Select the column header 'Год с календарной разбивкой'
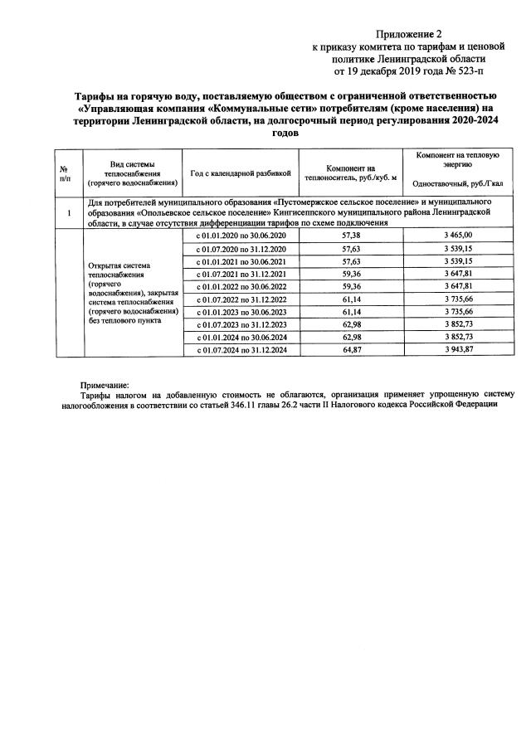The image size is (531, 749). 241,174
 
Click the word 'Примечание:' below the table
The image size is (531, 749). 105,387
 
